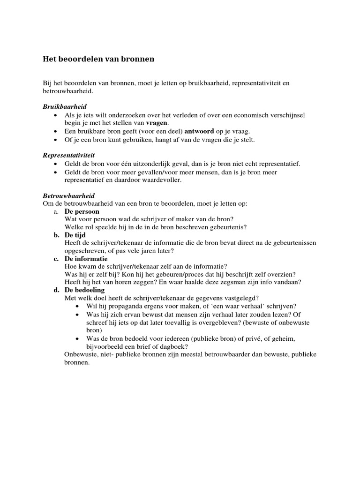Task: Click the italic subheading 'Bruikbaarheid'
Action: (x=65, y=107)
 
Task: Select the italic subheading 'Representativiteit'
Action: (x=69, y=155)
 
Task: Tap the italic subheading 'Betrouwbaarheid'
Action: (x=69, y=195)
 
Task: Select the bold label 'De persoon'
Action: (x=82, y=211)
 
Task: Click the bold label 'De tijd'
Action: (x=75, y=235)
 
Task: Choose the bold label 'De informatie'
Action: (x=86, y=259)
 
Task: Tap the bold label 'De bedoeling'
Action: (x=85, y=290)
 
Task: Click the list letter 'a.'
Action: (x=56, y=211)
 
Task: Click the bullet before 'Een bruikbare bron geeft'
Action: (x=56, y=131)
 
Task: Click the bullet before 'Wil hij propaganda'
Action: (x=77, y=307)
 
